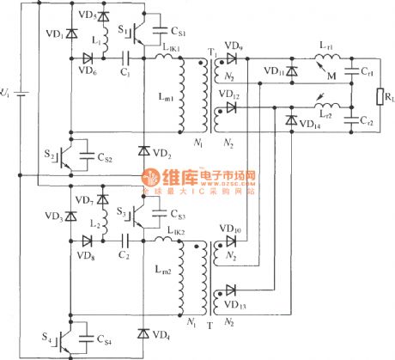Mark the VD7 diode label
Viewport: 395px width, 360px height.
[x=83, y=199]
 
